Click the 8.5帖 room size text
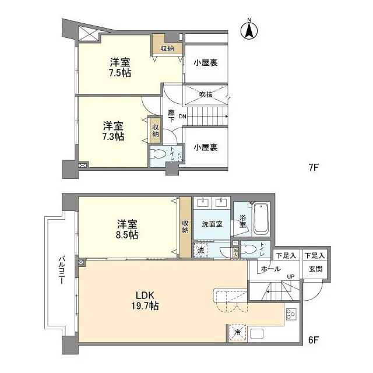click(x=127, y=235)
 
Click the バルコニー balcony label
click(x=60, y=271)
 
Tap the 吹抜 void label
click(x=206, y=94)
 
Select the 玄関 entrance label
click(x=315, y=269)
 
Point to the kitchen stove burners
click(x=290, y=315)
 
